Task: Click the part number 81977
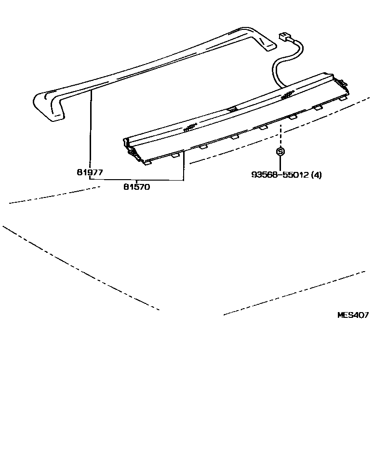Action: tap(90, 171)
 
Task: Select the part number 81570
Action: tap(137, 187)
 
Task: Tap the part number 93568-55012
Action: tap(280, 175)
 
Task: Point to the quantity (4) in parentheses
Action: tap(316, 175)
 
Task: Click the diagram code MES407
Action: tap(353, 315)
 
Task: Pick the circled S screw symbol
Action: tap(280, 151)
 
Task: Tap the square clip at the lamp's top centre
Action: tap(232, 109)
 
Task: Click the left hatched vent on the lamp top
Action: tap(189, 128)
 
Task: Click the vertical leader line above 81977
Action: tap(90, 130)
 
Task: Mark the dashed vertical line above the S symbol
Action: tap(280, 135)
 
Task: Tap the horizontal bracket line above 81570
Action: tap(137, 180)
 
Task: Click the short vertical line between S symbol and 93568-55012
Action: tap(280, 163)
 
